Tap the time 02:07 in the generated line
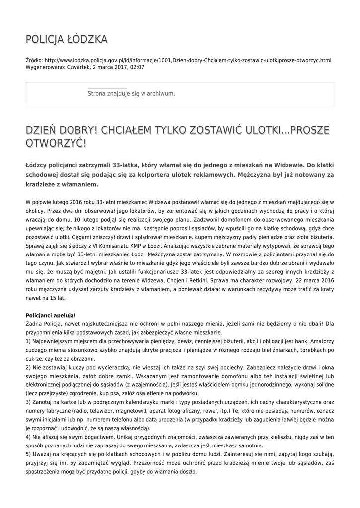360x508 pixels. pyautogui.click(x=138, y=67)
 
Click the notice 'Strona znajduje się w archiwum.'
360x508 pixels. pyautogui.click(x=131, y=93)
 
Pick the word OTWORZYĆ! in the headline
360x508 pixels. pyautogui.click(x=56, y=143)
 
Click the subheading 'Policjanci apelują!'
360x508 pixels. pyautogui.click(x=51, y=316)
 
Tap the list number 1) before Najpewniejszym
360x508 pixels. pyautogui.click(x=28, y=342)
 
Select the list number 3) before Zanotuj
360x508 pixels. pyautogui.click(x=28, y=401)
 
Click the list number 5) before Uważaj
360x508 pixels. pyautogui.click(x=28, y=454)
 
